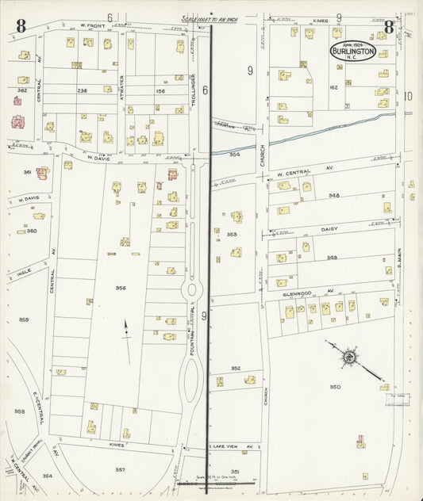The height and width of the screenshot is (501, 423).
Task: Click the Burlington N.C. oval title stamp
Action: [353, 51]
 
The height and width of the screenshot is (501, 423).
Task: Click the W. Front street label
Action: [93, 26]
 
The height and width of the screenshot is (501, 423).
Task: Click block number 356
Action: [121, 288]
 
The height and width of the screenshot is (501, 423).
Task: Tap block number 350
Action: [335, 387]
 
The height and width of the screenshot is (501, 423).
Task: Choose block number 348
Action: [333, 195]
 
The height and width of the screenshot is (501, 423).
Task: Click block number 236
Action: [82, 90]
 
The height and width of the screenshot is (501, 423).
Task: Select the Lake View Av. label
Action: [232, 447]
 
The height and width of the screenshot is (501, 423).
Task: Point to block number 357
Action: [120, 469]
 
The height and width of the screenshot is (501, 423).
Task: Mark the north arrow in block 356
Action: [125, 339]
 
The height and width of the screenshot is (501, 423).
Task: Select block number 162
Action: [333, 87]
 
